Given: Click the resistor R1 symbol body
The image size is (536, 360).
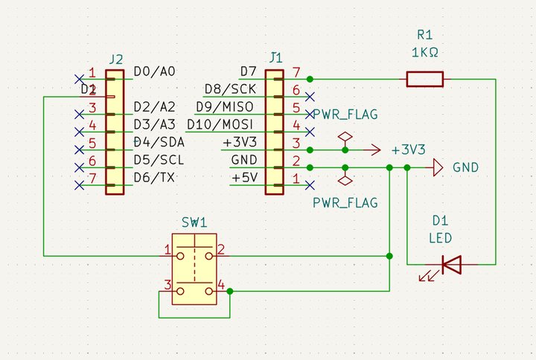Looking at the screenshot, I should click(x=424, y=79).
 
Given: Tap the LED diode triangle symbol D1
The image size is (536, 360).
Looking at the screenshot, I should click(x=450, y=264).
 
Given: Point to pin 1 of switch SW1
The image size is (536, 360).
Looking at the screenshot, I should click(x=168, y=249).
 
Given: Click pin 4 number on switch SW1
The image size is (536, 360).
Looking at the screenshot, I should click(x=220, y=286).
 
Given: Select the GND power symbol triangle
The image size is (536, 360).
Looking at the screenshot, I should click(x=437, y=168).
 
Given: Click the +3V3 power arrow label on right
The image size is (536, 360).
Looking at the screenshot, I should click(x=408, y=150).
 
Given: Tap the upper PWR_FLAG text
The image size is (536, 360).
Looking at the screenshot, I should click(x=345, y=115).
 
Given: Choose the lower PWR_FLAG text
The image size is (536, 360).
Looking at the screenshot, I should click(x=345, y=202).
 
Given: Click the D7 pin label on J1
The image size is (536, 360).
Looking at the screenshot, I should click(x=249, y=71).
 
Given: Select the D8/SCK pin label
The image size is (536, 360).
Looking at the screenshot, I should click(x=230, y=89).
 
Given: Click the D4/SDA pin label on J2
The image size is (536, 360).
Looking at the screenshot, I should click(x=159, y=141).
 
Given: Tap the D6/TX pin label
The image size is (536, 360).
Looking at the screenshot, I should click(x=155, y=177).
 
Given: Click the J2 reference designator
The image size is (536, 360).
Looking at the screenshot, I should click(x=115, y=59).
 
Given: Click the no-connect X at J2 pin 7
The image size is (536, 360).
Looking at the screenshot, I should click(x=79, y=184).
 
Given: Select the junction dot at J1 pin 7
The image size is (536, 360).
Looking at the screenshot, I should click(x=310, y=79).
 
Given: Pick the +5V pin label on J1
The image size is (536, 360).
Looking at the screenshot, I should click(x=245, y=178).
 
